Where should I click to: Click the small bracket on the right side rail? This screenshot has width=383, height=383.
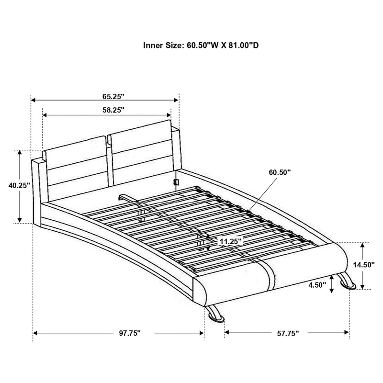(176, 182)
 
